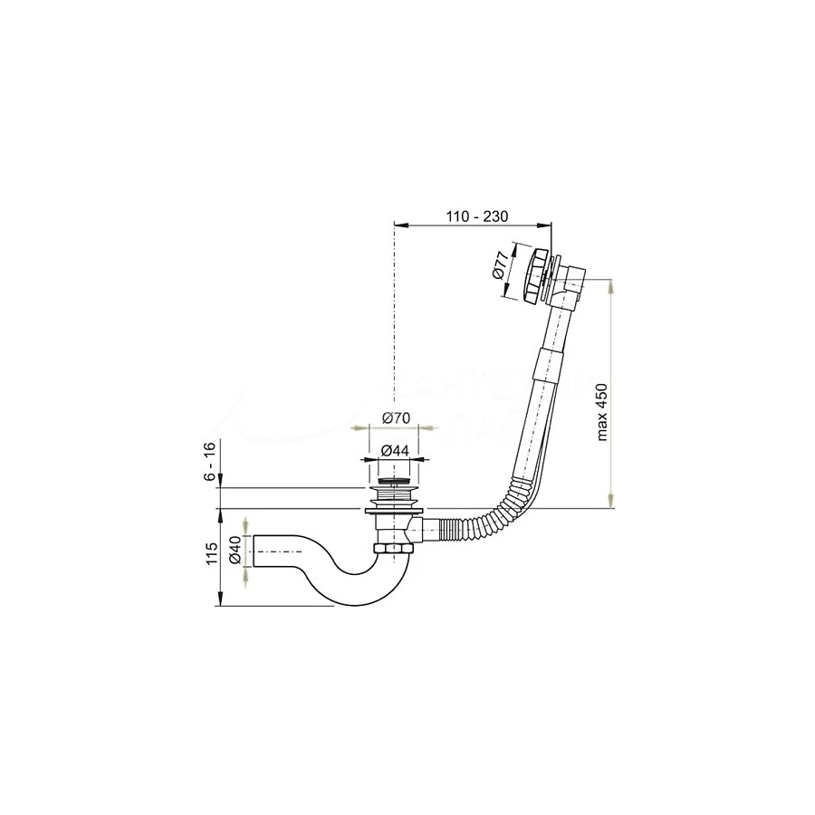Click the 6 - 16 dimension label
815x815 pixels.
(x=209, y=463)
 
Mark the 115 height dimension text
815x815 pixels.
(x=209, y=554)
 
